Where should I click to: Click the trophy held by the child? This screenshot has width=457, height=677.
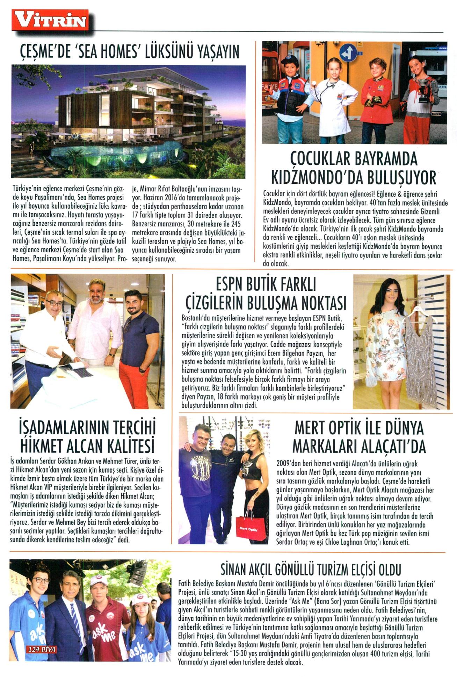click(423, 89)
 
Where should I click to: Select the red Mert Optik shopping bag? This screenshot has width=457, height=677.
click(248, 528)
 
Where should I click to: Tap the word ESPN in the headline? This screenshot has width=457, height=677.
click(231, 284)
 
